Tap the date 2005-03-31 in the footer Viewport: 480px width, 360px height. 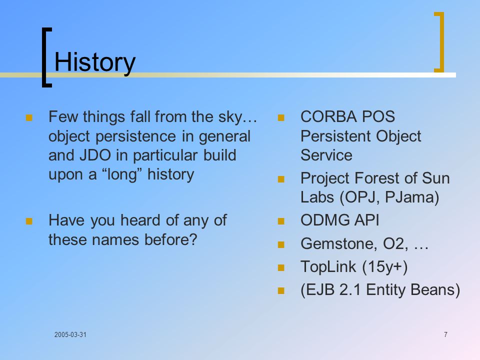point(70,334)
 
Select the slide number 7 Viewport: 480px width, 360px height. point(445,334)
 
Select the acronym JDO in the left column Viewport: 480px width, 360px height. point(95,155)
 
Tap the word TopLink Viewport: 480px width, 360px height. point(328,266)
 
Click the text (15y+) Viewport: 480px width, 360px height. point(385,267)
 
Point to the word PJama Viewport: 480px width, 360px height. point(409,197)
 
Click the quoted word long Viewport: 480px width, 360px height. point(121,175)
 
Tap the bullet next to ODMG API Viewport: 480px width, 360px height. point(281,221)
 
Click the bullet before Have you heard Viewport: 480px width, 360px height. point(29,221)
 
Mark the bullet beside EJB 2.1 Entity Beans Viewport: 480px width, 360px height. point(281,290)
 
